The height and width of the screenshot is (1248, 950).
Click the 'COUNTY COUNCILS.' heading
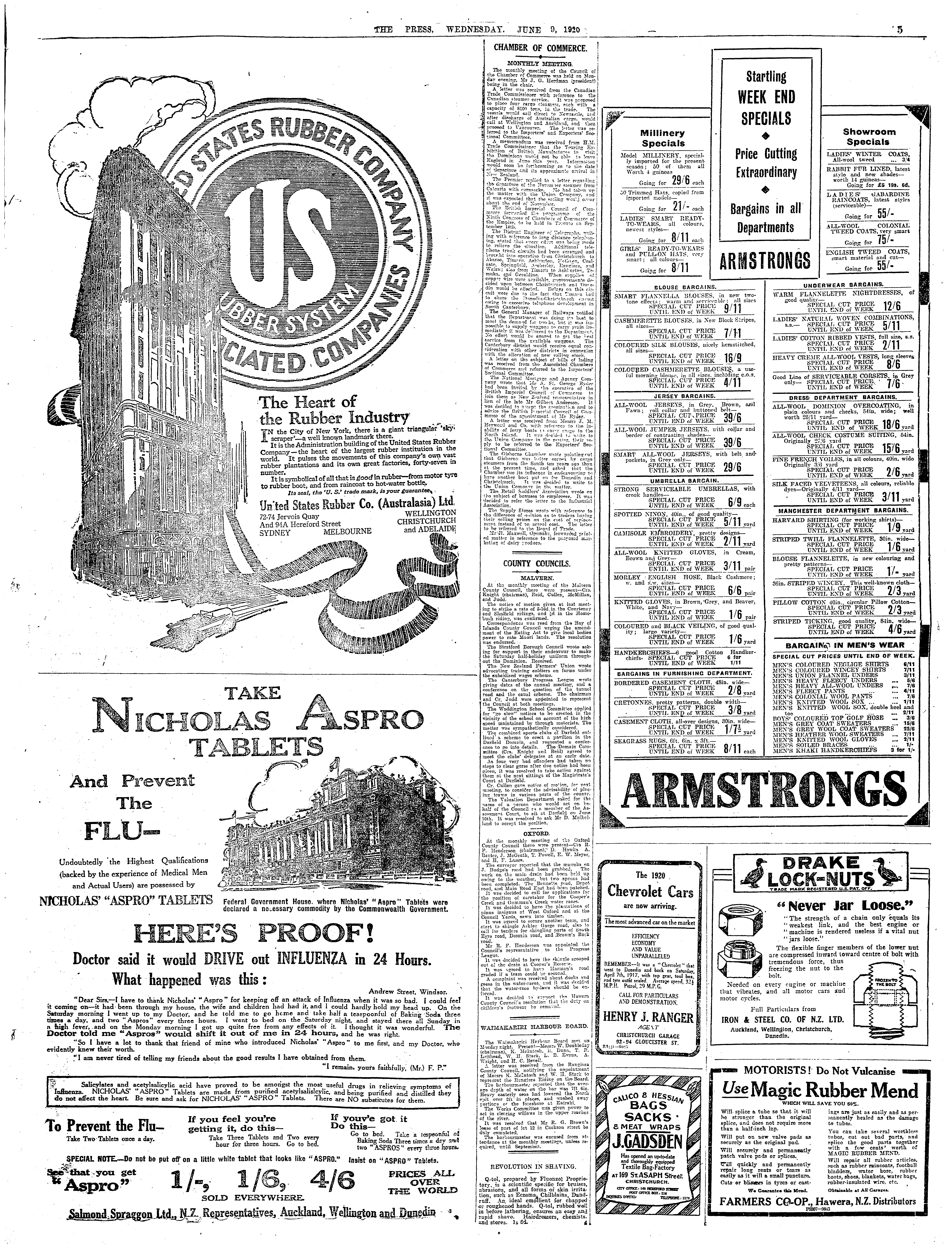536,564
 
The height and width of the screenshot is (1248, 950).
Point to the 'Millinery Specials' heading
647,138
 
